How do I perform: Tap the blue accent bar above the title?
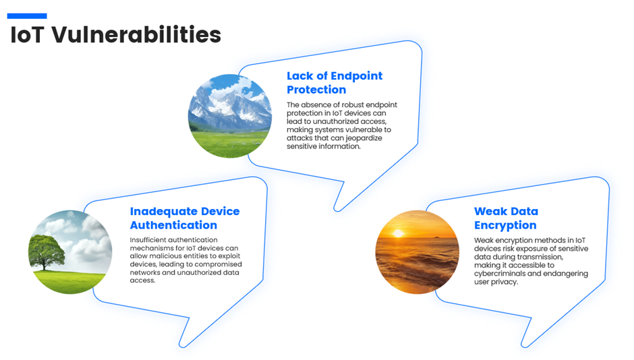pyautogui.click(x=27, y=16)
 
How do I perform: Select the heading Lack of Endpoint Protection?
pyautogui.click(x=335, y=82)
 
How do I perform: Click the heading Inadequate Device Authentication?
pyautogui.click(x=185, y=218)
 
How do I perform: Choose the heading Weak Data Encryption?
pyautogui.click(x=506, y=218)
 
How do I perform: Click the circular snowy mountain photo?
pyautogui.click(x=230, y=116)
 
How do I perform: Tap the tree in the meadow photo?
pyautogui.click(x=46, y=253)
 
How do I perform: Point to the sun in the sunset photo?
pyautogui.click(x=398, y=233)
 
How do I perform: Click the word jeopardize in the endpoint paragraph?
pyautogui.click(x=364, y=138)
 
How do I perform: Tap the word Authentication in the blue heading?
pyautogui.click(x=173, y=225)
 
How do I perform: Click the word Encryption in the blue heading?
pyautogui.click(x=505, y=225)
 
